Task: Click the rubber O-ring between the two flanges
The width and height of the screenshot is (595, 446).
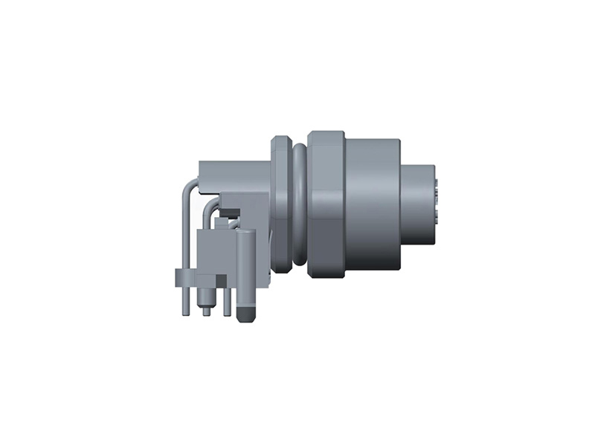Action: pyautogui.click(x=299, y=204)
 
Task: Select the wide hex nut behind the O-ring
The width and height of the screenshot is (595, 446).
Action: pyautogui.click(x=326, y=204)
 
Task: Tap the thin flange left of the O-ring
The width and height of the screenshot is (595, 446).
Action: pyautogui.click(x=280, y=204)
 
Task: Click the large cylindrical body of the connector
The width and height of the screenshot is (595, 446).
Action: pyautogui.click(x=372, y=204)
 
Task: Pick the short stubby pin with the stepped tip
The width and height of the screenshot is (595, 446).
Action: pyautogui.click(x=207, y=301)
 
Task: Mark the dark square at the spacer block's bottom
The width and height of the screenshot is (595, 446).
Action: pyautogui.click(x=221, y=278)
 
